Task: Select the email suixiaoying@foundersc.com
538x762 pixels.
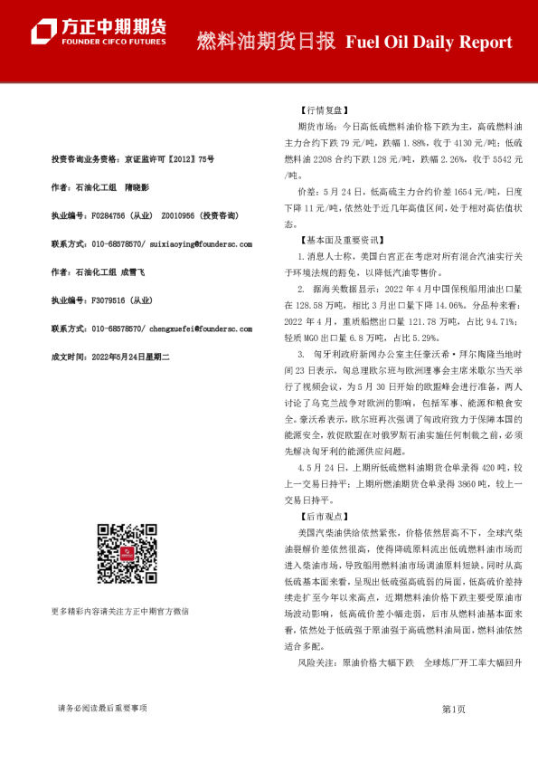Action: (x=201, y=244)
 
